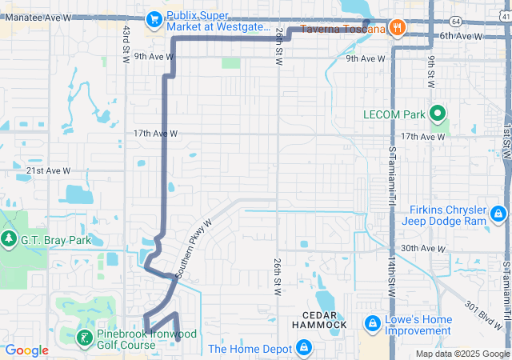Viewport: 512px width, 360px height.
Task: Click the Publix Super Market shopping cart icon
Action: pos(154,18)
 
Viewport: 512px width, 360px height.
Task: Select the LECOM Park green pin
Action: pos(438,114)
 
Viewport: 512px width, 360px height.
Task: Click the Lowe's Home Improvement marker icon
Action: pos(372,323)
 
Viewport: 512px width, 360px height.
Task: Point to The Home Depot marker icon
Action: pos(303,347)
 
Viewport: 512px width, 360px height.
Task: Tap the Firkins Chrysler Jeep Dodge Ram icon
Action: pos(498,214)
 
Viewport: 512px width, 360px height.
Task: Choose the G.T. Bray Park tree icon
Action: pos(9,238)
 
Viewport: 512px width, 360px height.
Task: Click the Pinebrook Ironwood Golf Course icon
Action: pos(84,338)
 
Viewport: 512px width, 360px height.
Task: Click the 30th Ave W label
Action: pos(422,249)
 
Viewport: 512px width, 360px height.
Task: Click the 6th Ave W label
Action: pos(458,36)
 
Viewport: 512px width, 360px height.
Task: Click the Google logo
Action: pos(27,350)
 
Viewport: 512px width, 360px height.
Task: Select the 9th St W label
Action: pos(430,73)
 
